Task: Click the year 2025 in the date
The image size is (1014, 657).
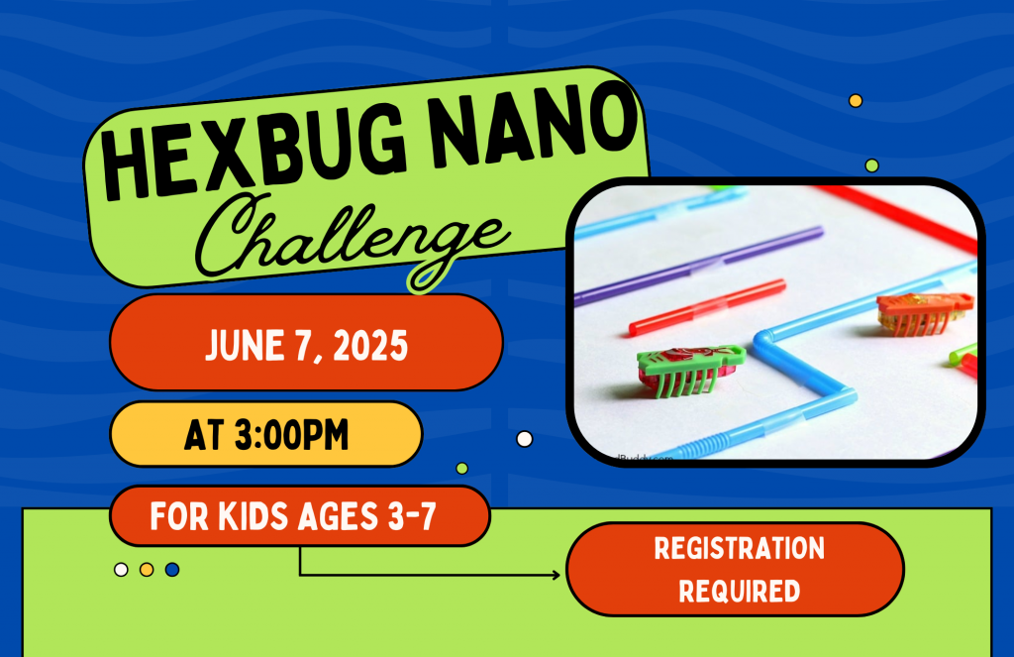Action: click(x=370, y=346)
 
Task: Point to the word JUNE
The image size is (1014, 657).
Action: click(x=245, y=345)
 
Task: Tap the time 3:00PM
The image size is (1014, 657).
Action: click(x=291, y=434)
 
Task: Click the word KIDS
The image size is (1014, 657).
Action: click(x=253, y=516)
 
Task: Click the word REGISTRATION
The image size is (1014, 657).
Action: click(x=739, y=548)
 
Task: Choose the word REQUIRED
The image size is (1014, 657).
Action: click(x=739, y=591)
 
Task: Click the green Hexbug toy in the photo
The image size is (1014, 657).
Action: click(x=690, y=369)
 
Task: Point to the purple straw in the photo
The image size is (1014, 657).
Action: click(x=698, y=266)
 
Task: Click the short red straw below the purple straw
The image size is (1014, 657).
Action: click(x=707, y=307)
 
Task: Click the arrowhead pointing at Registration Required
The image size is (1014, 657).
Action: click(x=556, y=575)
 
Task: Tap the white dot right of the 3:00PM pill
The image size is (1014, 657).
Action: click(x=525, y=440)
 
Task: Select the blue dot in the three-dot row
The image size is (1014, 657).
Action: click(x=172, y=570)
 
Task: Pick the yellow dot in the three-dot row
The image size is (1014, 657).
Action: click(x=147, y=570)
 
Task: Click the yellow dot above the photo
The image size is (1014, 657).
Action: click(x=856, y=101)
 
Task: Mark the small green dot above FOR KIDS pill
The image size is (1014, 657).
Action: click(x=461, y=468)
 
